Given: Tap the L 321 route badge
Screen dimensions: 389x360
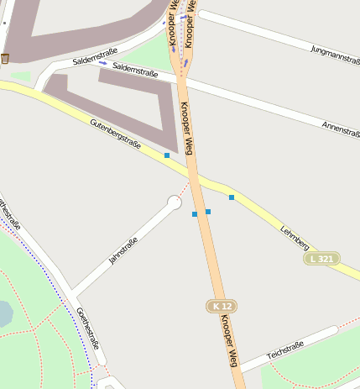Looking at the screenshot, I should (321, 259).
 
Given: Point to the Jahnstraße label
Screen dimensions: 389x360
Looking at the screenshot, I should (123, 250).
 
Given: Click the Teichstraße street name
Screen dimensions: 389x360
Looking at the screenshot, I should (285, 350).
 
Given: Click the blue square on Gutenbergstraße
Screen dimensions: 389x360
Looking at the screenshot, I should (167, 155).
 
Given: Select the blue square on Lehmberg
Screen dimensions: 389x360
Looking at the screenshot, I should (232, 197).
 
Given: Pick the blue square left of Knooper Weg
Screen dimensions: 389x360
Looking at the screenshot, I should (195, 214).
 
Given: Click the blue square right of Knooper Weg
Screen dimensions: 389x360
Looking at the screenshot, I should (208, 211).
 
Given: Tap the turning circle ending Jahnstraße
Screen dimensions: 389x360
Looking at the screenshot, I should (175, 202).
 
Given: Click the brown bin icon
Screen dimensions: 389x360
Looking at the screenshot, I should (5, 58).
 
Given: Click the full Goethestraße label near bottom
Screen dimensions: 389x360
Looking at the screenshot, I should (88, 328).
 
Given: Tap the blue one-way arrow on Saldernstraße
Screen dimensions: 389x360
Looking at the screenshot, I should (103, 63).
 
